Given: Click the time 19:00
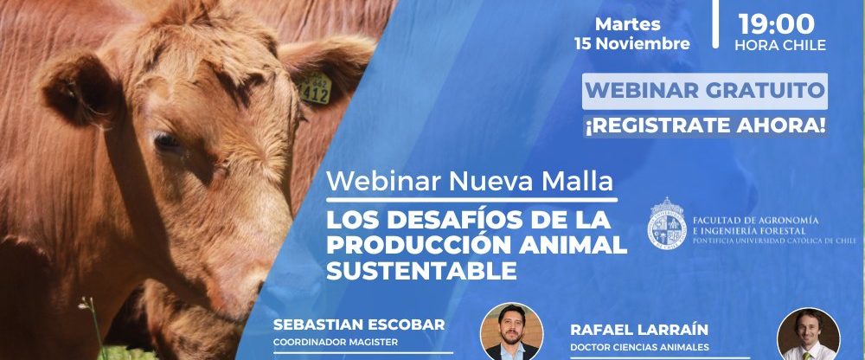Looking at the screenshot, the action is pyautogui.click(x=776, y=23).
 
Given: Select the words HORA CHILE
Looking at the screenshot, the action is pyautogui.click(x=780, y=45).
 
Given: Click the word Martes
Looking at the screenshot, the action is pyautogui.click(x=628, y=24).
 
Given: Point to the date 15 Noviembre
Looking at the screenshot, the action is pyautogui.click(x=632, y=43).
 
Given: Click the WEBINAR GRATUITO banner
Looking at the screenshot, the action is pyautogui.click(x=704, y=91).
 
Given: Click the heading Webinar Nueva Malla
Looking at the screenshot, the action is pyautogui.click(x=470, y=182).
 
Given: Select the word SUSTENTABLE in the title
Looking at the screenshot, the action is pyautogui.click(x=421, y=271).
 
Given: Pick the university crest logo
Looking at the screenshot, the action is pyautogui.click(x=666, y=222).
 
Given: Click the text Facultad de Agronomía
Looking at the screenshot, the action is pyautogui.click(x=755, y=220).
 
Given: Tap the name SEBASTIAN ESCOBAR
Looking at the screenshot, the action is pyautogui.click(x=359, y=325).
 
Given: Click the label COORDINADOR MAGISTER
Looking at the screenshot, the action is pyautogui.click(x=336, y=342).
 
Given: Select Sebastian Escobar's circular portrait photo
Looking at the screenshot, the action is pyautogui.click(x=511, y=331).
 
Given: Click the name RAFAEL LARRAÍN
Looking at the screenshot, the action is pyautogui.click(x=639, y=330).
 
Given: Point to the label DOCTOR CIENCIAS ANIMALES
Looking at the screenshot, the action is pyautogui.click(x=639, y=347).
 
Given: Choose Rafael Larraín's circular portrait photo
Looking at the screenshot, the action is pyautogui.click(x=808, y=335).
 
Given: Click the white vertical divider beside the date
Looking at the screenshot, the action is pyautogui.click(x=715, y=23).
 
